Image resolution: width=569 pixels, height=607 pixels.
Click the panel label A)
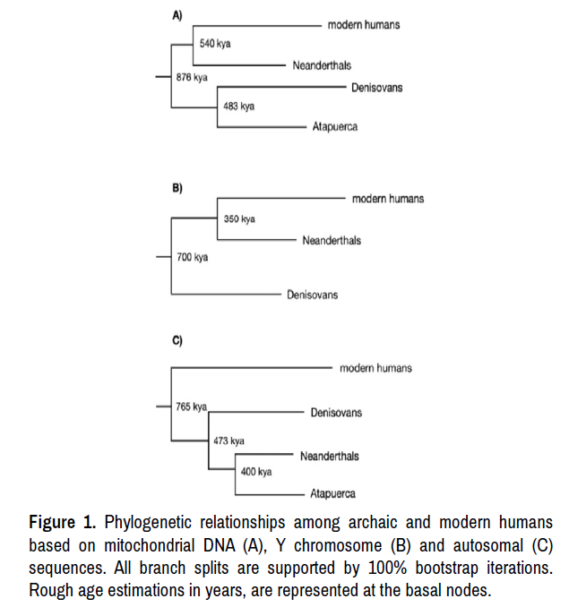click(177, 14)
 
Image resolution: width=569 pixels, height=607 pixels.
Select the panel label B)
click(177, 189)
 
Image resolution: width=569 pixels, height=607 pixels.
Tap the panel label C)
click(177, 341)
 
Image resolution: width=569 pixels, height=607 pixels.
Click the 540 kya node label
click(215, 44)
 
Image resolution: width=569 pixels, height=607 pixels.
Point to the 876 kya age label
click(192, 78)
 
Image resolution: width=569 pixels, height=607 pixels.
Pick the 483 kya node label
click(238, 107)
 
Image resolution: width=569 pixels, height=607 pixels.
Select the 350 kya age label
click(239, 219)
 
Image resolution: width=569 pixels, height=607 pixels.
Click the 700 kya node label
click(192, 257)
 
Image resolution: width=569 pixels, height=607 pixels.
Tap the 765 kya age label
click(191, 406)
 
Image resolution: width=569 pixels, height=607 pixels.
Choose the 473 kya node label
click(228, 440)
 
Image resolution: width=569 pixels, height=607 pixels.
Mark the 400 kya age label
click(255, 472)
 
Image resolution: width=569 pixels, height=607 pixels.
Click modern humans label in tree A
click(364, 25)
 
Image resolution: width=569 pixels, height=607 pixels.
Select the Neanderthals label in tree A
click(322, 65)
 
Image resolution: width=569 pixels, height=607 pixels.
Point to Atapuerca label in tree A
click(335, 127)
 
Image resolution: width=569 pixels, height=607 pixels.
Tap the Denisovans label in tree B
click(313, 295)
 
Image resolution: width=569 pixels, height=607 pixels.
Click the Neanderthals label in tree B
click(332, 241)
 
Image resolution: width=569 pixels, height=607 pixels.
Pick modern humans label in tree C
click(376, 368)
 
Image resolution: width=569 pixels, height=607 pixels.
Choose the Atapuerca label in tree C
click(332, 493)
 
